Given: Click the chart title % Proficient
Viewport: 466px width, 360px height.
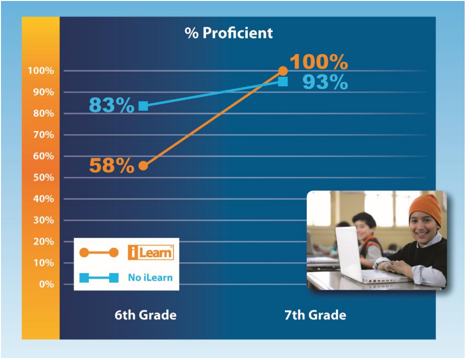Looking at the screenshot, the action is pos(229,33).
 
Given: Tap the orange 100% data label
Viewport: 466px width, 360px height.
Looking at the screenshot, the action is pos(319,62).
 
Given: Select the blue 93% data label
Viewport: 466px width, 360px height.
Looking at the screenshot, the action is pos(325,82).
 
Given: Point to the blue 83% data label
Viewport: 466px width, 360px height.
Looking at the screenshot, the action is pos(112,105).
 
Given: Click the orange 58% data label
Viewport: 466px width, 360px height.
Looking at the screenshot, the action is pos(112,165).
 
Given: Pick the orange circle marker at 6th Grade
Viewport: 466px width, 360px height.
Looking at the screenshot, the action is pos(143,166).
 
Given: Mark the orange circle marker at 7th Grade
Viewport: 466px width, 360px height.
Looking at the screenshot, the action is pos(283,71).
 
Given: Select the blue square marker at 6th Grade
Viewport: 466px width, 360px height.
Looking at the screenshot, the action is pos(143,106).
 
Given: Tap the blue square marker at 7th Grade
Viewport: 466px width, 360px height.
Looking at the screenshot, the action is pos(283,82).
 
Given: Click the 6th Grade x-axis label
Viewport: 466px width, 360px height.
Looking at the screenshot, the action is pos(146,315).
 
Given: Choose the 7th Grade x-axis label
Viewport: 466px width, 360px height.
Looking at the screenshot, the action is pos(315,315).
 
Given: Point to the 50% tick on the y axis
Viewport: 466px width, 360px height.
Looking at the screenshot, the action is pos(43,178).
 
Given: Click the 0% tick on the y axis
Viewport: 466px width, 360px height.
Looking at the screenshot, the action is pos(47,285).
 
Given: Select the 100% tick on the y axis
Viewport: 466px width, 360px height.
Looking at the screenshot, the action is pos(41,71).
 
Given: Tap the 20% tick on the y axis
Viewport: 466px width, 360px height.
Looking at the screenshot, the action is pos(43,242).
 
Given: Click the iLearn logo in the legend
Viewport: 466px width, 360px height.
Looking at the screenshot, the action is pos(151,253).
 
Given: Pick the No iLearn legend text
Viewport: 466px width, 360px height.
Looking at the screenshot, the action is pos(151,278).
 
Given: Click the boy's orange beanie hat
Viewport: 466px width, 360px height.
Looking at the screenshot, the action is pos(425,208).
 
